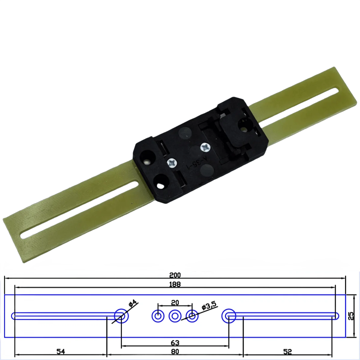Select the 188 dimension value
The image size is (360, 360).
tap(175, 284)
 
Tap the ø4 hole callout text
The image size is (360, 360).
tap(133, 304)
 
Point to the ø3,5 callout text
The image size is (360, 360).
tap(209, 306)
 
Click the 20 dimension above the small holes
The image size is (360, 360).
tap(175, 302)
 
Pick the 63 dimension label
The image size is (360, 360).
tap(175, 343)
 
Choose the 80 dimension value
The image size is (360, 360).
tap(175, 352)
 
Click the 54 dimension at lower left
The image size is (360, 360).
tap(61, 352)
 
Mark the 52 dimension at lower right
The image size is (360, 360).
tap(287, 352)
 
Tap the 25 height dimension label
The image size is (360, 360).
tap(352, 316)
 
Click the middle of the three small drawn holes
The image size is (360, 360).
tap(175, 316)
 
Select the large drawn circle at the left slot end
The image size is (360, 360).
tap(121, 316)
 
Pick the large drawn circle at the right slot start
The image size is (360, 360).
tap(229, 316)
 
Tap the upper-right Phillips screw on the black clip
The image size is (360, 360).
tap(205, 147)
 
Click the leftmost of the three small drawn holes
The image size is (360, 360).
tap(158, 316)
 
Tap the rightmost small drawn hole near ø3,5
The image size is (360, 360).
tap(192, 316)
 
